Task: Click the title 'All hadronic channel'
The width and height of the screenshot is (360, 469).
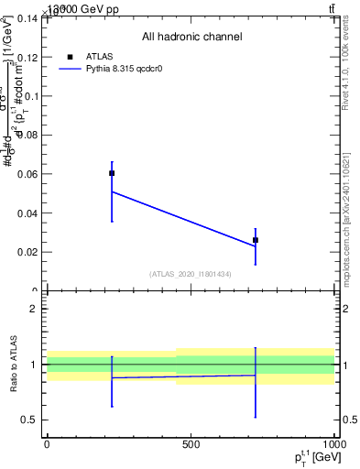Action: [x=191, y=37]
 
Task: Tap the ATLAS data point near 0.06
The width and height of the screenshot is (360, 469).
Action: [x=112, y=173]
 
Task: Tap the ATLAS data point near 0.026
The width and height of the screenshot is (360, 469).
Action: [x=256, y=240]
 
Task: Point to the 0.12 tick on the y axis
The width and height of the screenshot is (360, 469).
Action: [x=27, y=57]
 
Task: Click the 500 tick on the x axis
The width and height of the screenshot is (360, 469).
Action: [x=191, y=444]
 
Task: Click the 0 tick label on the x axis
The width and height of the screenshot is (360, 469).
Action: [x=47, y=444]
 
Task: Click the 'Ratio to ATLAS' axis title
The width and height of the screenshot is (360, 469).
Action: [x=14, y=365]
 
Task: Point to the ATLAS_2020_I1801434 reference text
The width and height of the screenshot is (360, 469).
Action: [x=191, y=274]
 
